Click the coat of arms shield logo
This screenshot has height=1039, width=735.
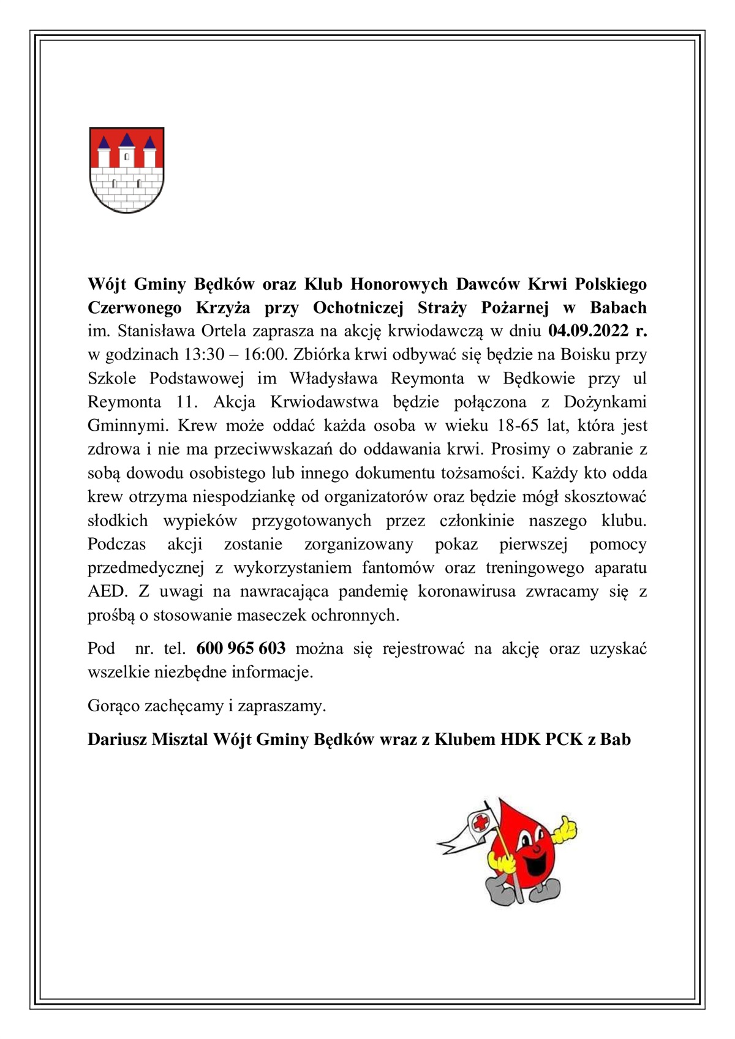pyautogui.click(x=127, y=170)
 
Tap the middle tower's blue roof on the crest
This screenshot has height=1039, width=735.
pyautogui.click(x=127, y=140)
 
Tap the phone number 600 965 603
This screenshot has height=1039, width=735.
pyautogui.click(x=241, y=648)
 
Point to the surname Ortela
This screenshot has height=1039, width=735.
pyautogui.click(x=223, y=331)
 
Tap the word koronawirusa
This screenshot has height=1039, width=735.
pyautogui.click(x=467, y=591)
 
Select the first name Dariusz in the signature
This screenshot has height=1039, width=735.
pyautogui.click(x=117, y=739)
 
